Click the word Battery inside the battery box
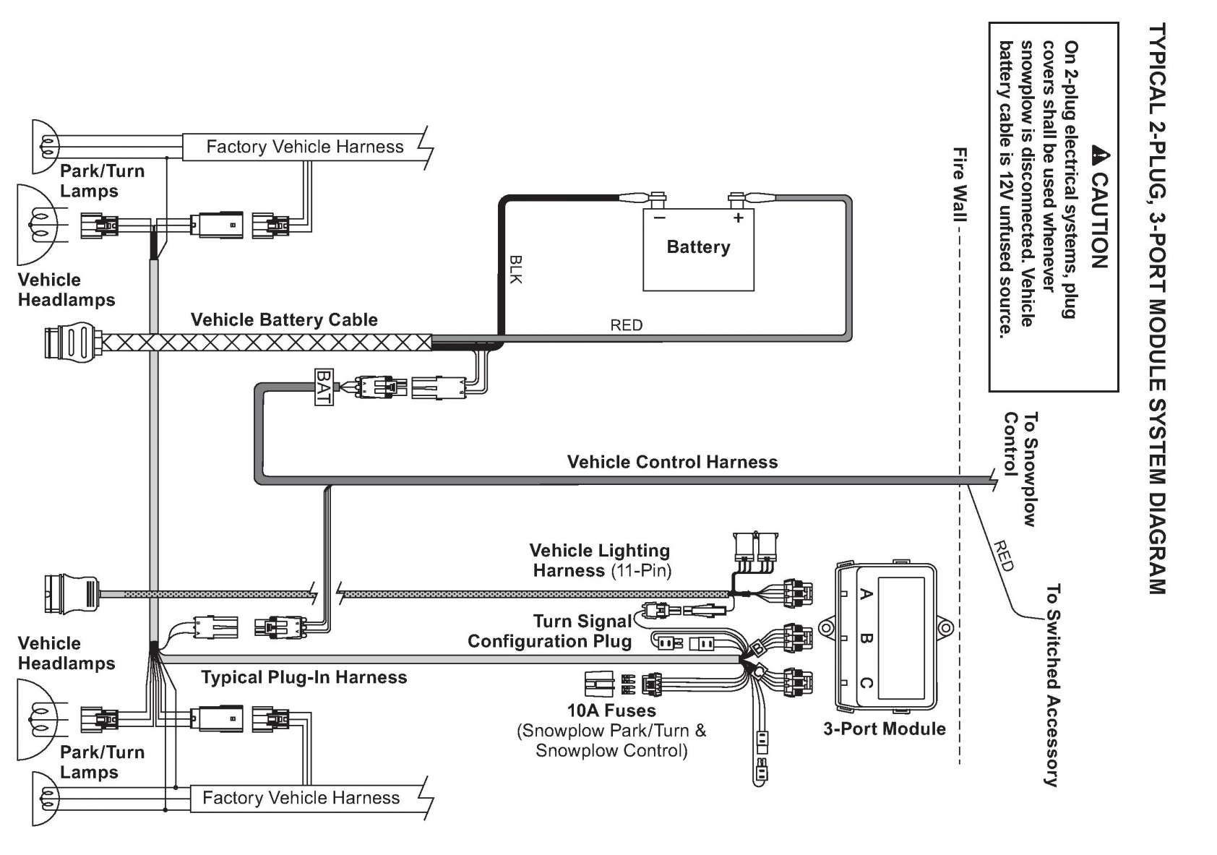point(698,247)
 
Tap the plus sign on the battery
point(738,218)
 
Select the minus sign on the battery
point(659,218)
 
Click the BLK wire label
point(515,270)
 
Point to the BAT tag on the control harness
point(323,387)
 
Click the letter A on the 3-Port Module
point(866,593)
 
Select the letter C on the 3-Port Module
point(866,682)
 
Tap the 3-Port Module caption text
point(884,729)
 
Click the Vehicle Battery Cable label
point(284,319)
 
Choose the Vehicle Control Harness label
point(673,462)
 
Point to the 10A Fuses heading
point(611,710)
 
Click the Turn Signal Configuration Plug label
point(550,631)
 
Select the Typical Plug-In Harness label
point(304,676)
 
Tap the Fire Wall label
point(960,185)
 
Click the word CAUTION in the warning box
point(1099,220)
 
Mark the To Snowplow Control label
point(1020,469)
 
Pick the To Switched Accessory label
point(1052,686)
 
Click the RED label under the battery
point(626,325)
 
